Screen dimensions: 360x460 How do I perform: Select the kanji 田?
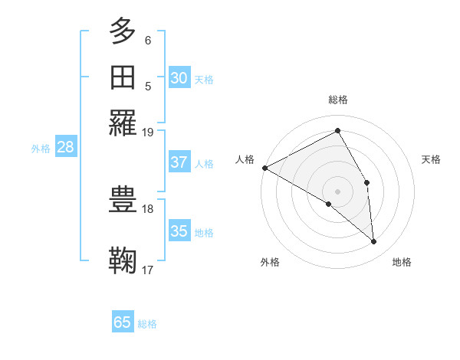(x=123, y=78)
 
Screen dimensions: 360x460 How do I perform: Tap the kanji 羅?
(x=123, y=123)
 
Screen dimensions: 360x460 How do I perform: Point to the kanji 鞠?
(x=123, y=260)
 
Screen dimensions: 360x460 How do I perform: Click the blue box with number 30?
(x=179, y=77)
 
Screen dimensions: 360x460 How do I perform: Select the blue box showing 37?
(x=179, y=162)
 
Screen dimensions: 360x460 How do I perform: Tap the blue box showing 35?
(x=179, y=231)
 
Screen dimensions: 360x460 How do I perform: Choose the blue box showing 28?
(x=65, y=148)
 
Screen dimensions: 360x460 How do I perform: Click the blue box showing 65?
(x=123, y=322)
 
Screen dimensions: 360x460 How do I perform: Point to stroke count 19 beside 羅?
(x=148, y=132)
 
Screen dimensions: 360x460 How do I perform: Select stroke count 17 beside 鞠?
(x=148, y=270)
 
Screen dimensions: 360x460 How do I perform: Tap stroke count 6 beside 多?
(x=148, y=40)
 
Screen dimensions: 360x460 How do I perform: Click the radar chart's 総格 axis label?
(x=338, y=100)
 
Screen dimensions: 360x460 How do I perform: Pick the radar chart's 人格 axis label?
(x=245, y=159)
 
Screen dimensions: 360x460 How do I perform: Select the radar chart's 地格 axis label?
(x=402, y=262)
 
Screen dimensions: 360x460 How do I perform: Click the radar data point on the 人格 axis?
(x=264, y=168)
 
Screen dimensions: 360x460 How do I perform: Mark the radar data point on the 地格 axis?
(x=373, y=242)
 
